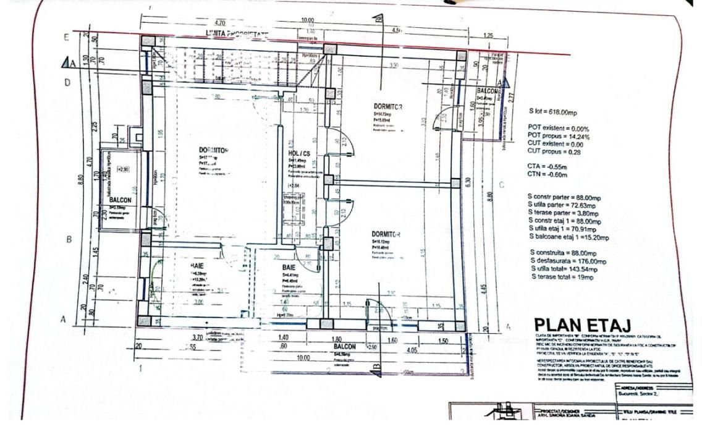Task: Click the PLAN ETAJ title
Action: click(583, 324)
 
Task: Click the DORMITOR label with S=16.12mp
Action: click(386, 234)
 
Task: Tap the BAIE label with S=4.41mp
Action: click(289, 267)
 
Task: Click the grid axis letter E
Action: click(67, 36)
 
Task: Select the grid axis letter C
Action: click(501, 185)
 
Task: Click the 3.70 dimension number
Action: click(198, 337)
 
